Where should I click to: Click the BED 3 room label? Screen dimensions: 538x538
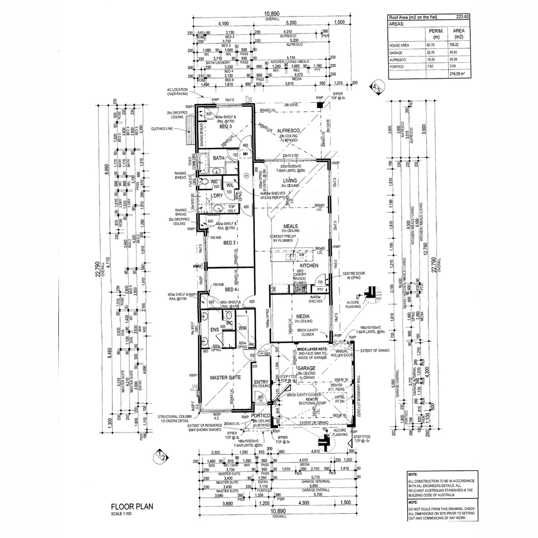[226, 127]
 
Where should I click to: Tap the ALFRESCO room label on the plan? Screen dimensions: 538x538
[287, 129]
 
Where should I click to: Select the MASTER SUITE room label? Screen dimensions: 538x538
[225, 378]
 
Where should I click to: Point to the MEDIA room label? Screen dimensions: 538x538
[303, 316]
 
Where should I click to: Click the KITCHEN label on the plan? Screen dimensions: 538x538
[309, 266]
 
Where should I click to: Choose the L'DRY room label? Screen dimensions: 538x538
[216, 196]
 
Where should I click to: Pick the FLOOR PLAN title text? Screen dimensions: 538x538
[132, 507]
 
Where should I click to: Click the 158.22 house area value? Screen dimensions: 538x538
[454, 45]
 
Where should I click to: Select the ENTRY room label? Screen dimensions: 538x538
[261, 382]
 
